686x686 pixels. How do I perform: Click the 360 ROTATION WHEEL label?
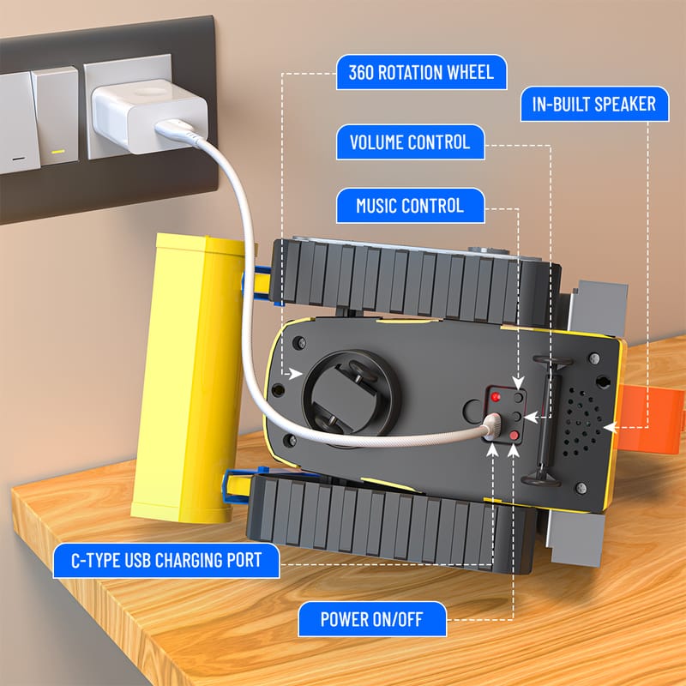tap(421, 72)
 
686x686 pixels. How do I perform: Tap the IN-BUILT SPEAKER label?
tap(594, 104)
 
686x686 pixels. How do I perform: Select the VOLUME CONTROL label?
tap(410, 142)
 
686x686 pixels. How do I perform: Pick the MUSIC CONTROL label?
tap(410, 206)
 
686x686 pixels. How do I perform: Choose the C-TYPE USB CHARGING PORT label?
tap(166, 561)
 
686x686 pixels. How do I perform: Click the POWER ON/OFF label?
tap(372, 619)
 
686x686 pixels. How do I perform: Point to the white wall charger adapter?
tap(149, 116)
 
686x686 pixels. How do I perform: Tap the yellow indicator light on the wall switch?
tap(58, 152)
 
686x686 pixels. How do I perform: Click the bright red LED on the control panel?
tap(496, 397)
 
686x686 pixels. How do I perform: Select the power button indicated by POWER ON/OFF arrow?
tap(514, 436)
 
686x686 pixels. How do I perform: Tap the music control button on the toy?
tap(519, 398)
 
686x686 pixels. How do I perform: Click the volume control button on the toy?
tap(516, 416)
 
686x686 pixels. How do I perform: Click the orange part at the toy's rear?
tap(651, 418)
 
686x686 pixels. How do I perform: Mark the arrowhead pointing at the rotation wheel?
tap(296, 374)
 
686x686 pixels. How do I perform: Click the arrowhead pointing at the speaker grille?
tap(610, 427)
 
